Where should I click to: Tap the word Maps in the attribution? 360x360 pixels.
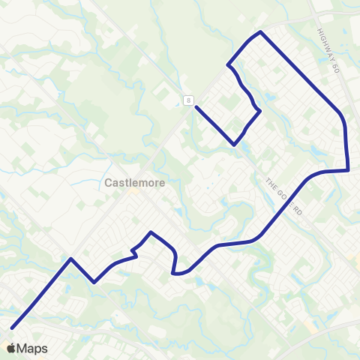coord(32,349)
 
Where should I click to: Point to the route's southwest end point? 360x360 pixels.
coord(13,328)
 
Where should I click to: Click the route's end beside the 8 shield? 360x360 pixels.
coord(196,106)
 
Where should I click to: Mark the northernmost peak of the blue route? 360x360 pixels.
coord(259,32)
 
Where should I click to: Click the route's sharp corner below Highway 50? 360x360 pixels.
coord(349,170)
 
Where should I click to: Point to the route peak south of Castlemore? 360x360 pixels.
coord(151,232)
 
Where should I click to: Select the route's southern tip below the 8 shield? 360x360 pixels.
coord(235,144)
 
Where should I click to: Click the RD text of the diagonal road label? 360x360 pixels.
coord(298,211)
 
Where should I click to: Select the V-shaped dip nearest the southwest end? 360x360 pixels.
coord(94,282)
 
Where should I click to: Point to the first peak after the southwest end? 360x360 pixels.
coord(70,259)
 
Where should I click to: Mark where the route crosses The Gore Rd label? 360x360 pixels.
coord(286,198)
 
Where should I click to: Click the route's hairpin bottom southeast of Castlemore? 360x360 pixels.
coord(175,274)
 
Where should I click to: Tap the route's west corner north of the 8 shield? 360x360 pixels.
coord(227,65)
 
